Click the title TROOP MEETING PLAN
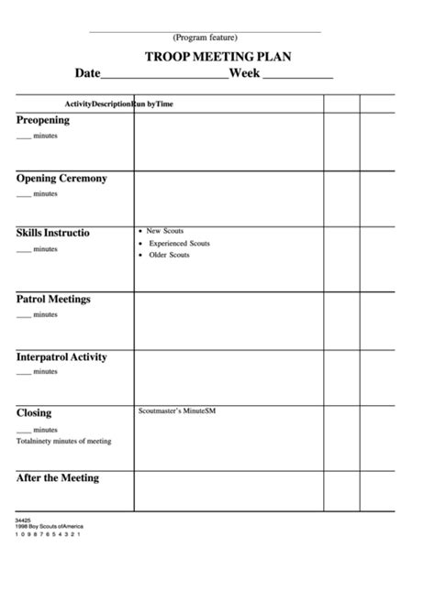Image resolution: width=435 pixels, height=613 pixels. point(217,56)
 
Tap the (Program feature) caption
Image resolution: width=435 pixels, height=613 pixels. point(205,38)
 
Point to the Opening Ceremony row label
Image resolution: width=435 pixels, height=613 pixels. point(61,178)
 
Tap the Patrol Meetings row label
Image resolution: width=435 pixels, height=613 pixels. point(53,299)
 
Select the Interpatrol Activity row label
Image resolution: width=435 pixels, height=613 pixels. point(61,356)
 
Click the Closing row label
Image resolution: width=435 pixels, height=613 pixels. point(34,413)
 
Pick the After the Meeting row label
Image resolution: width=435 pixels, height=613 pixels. point(57,477)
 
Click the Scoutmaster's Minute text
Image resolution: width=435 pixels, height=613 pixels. point(176,410)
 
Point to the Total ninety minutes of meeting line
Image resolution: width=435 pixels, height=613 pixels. point(63,441)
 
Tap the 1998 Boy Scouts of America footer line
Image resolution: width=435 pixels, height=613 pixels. point(48,528)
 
